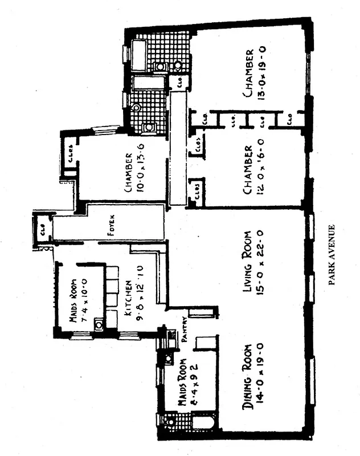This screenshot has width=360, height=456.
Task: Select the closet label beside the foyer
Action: tap(43, 231)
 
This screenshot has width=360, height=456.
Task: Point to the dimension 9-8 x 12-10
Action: tap(142, 299)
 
